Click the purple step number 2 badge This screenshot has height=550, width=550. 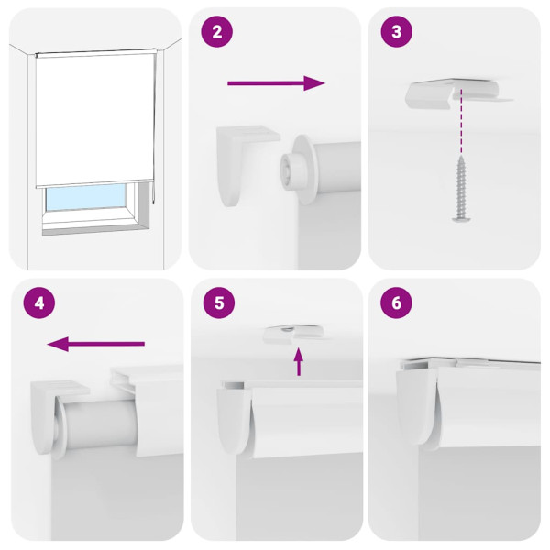coord(216,32)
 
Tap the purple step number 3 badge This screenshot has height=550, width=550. coord(396,32)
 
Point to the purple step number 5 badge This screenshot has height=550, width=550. coord(216,302)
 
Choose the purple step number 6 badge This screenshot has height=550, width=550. coord(396,302)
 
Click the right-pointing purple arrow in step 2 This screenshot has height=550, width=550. coord(276,83)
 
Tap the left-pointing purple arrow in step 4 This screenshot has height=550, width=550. coord(96,344)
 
